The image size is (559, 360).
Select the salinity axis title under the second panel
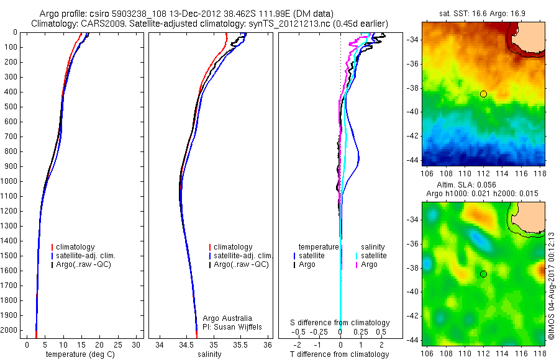pos(210,355)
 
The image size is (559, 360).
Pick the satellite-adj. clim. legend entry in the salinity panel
pos(243,256)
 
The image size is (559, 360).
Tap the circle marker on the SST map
pos(483,94)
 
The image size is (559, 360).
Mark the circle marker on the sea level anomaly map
pos(483,274)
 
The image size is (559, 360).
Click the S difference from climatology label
pos(340,323)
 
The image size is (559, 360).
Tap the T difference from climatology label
pos(340,355)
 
